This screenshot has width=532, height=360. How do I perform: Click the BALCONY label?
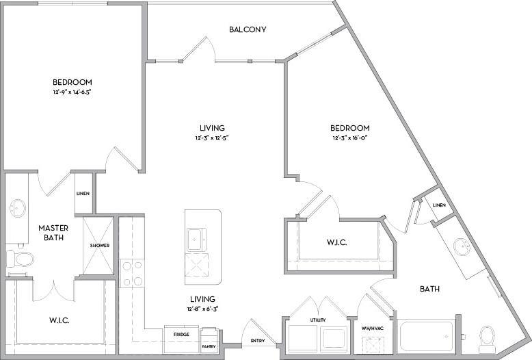248,29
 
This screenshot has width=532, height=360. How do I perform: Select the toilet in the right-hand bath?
487,336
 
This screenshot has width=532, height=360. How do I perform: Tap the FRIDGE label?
181,335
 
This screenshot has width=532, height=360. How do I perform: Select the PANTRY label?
209,346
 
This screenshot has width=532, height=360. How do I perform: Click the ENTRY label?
257,340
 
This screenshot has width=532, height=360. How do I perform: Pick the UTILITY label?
317,320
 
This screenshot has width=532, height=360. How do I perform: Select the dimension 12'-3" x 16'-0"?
349,139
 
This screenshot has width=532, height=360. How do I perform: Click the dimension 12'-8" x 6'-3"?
203,309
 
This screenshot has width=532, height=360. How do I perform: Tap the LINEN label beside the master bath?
83,194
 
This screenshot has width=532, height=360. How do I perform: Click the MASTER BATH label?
51,233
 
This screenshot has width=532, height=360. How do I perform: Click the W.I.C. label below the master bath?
59,320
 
